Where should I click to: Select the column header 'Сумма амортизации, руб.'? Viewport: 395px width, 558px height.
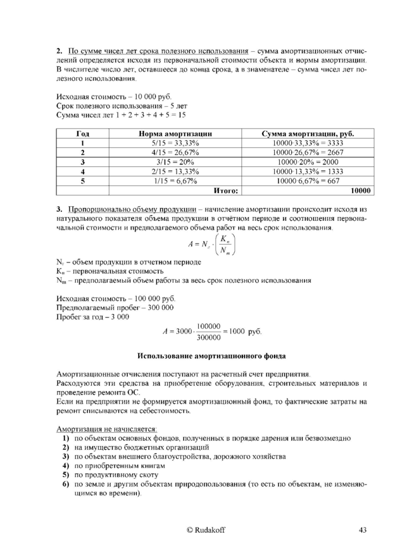point(308,134)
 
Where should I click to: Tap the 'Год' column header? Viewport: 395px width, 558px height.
point(82,134)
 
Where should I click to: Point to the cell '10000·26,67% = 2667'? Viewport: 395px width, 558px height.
point(308,152)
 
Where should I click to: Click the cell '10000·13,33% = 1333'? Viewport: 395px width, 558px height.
point(308,171)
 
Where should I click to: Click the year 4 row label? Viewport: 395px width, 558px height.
point(82,171)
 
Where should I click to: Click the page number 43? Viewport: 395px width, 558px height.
point(362,530)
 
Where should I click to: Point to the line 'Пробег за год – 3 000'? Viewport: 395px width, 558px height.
point(92,316)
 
